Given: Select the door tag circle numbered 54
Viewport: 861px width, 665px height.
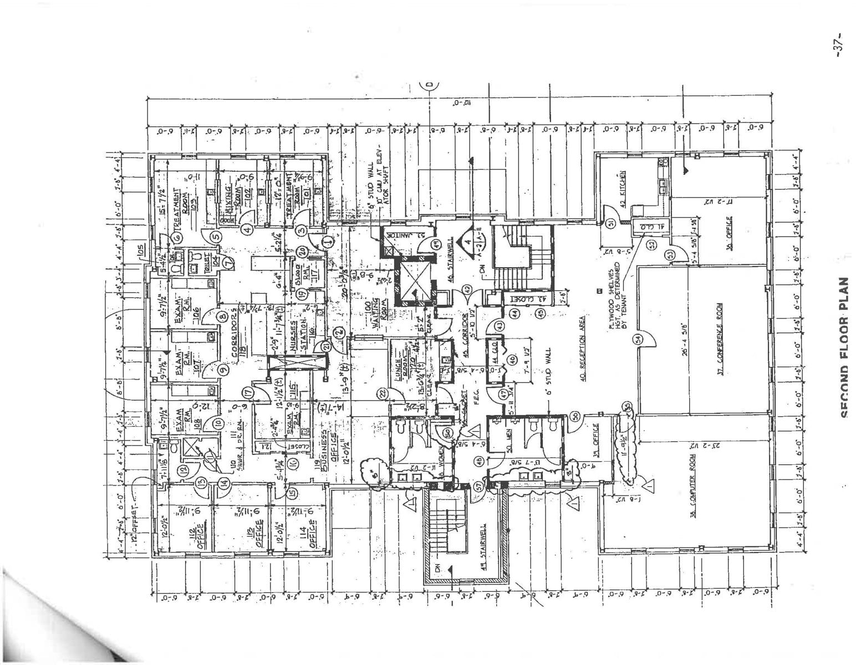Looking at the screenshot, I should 638,339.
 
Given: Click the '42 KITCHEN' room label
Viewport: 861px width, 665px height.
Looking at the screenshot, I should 623,189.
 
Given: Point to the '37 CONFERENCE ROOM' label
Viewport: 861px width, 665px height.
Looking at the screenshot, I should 720,339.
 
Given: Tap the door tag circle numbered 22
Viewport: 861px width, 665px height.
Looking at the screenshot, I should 382,393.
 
